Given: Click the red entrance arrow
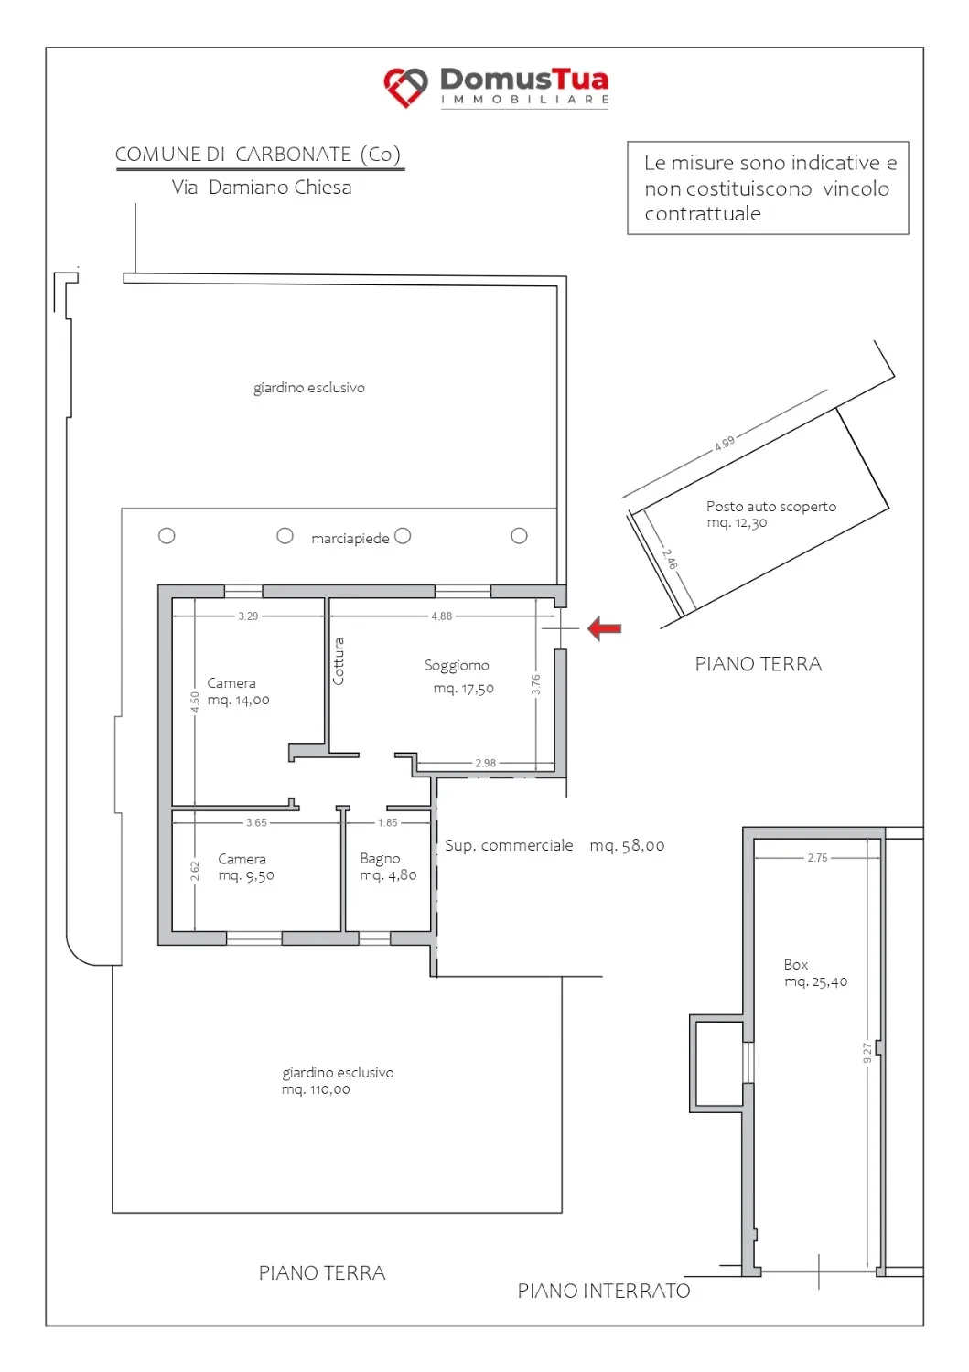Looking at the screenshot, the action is tap(604, 628).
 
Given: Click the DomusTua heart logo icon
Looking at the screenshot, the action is tap(405, 87).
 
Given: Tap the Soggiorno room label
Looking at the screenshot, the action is tap(457, 665).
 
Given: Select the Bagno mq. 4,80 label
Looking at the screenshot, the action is tap(388, 867).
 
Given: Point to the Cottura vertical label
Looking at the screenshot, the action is tap(339, 661).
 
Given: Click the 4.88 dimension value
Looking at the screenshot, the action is tap(441, 616).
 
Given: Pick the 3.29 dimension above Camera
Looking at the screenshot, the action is tap(248, 616).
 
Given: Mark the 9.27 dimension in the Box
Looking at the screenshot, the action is tap(867, 1053).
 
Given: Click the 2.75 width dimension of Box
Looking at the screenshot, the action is tap(817, 858).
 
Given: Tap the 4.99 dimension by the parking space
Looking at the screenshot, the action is tap(725, 443).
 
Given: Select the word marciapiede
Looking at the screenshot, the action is tap(350, 539).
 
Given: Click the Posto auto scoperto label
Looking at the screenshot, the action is tap(771, 507).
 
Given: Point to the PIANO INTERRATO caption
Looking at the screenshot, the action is tap(604, 1291).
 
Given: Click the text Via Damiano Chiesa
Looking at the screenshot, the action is tap(262, 187).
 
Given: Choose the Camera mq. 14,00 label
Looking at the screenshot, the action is tap(238, 691).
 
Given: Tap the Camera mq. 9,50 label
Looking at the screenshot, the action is tap(246, 867).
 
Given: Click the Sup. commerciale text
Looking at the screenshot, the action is tap(509, 845).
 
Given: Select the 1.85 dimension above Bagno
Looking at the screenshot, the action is tap(387, 822).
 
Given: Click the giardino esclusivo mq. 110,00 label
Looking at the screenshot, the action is tap(338, 1080).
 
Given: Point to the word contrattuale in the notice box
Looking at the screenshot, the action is tap(703, 214).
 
